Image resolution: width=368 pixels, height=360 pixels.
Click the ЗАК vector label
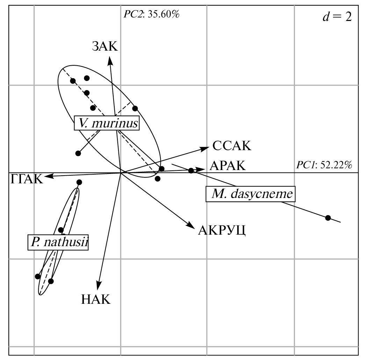click(x=105, y=46)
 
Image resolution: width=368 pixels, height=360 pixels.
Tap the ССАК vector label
click(x=232, y=146)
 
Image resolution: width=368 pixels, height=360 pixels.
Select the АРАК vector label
click(x=228, y=165)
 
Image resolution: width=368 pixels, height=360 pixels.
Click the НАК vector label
click(x=96, y=299)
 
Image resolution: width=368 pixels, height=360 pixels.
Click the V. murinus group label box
click(x=107, y=123)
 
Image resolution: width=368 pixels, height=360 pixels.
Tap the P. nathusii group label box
click(x=58, y=242)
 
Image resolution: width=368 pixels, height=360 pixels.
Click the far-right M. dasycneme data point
click(x=328, y=218)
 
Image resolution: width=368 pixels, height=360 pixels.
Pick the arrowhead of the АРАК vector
click(x=202, y=169)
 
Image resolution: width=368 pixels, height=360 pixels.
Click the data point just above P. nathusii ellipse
click(x=79, y=182)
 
